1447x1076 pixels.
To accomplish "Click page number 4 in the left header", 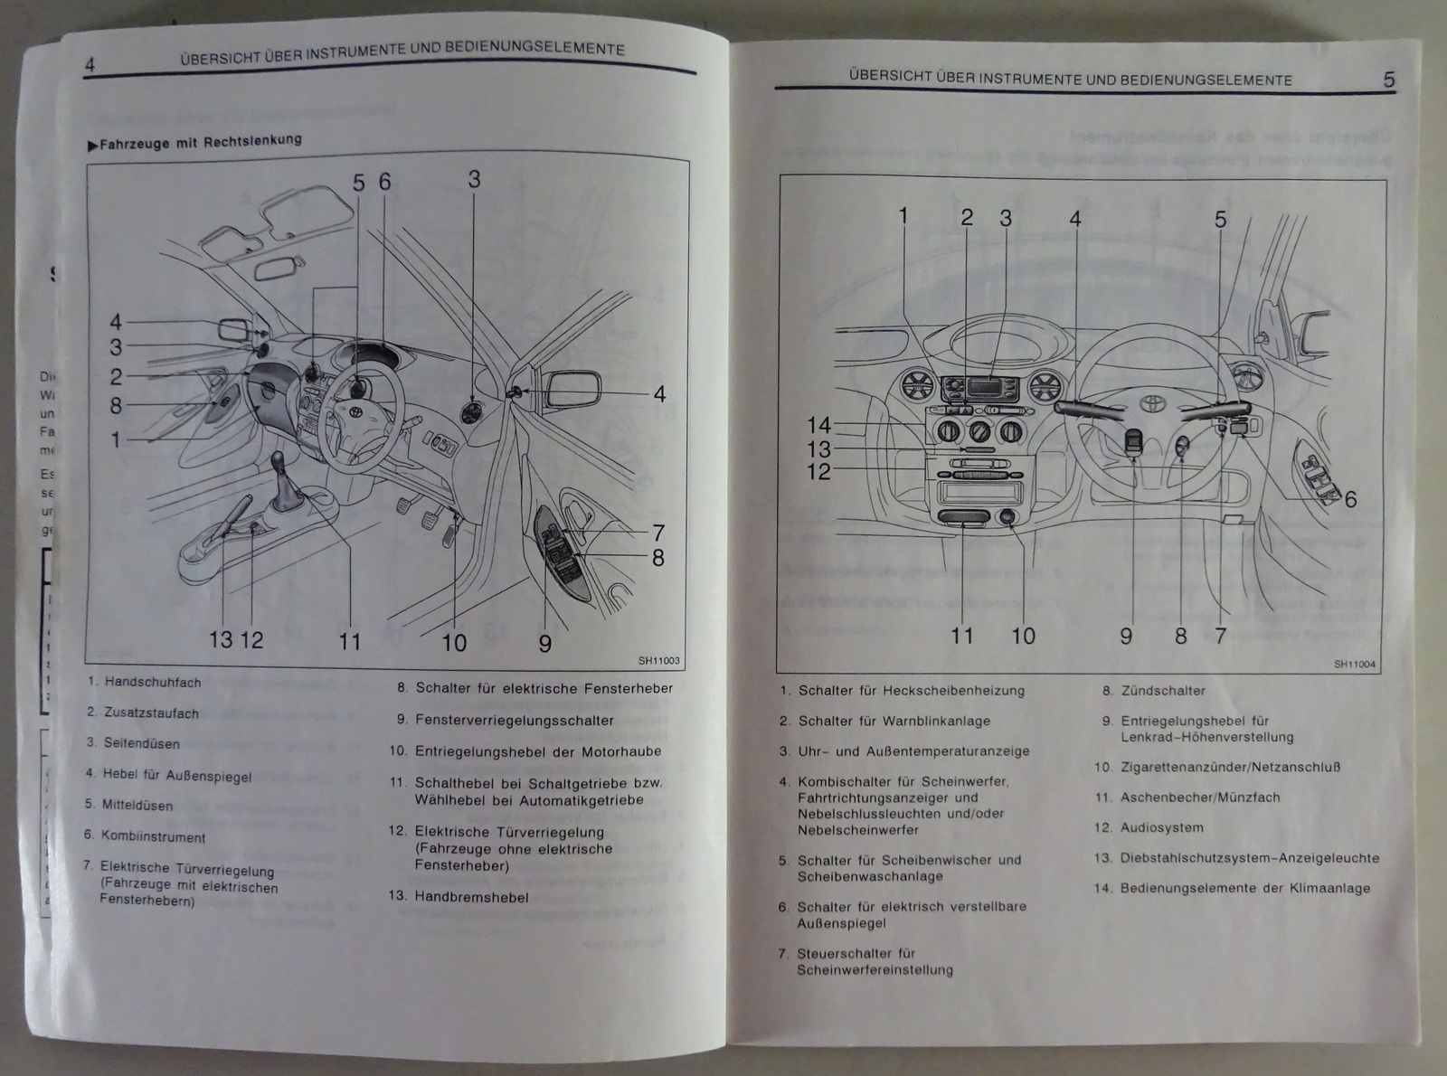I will point(90,64).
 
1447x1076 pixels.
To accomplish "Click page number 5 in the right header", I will point(1389,80).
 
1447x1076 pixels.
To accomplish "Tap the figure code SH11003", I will point(658,661).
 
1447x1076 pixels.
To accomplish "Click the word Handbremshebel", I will point(471,897).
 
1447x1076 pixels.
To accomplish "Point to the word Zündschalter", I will point(1163,691).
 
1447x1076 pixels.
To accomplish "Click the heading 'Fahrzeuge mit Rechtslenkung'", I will point(200,142).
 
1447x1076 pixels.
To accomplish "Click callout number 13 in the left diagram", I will point(221,640).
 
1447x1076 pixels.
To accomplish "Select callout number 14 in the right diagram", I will point(818,425).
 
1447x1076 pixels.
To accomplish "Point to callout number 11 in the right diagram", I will point(961,636).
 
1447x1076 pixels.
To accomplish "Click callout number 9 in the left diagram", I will point(544,643).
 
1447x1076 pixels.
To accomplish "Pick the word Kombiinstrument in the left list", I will point(153,837).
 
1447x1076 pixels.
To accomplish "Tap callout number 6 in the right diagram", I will point(1350,499).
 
